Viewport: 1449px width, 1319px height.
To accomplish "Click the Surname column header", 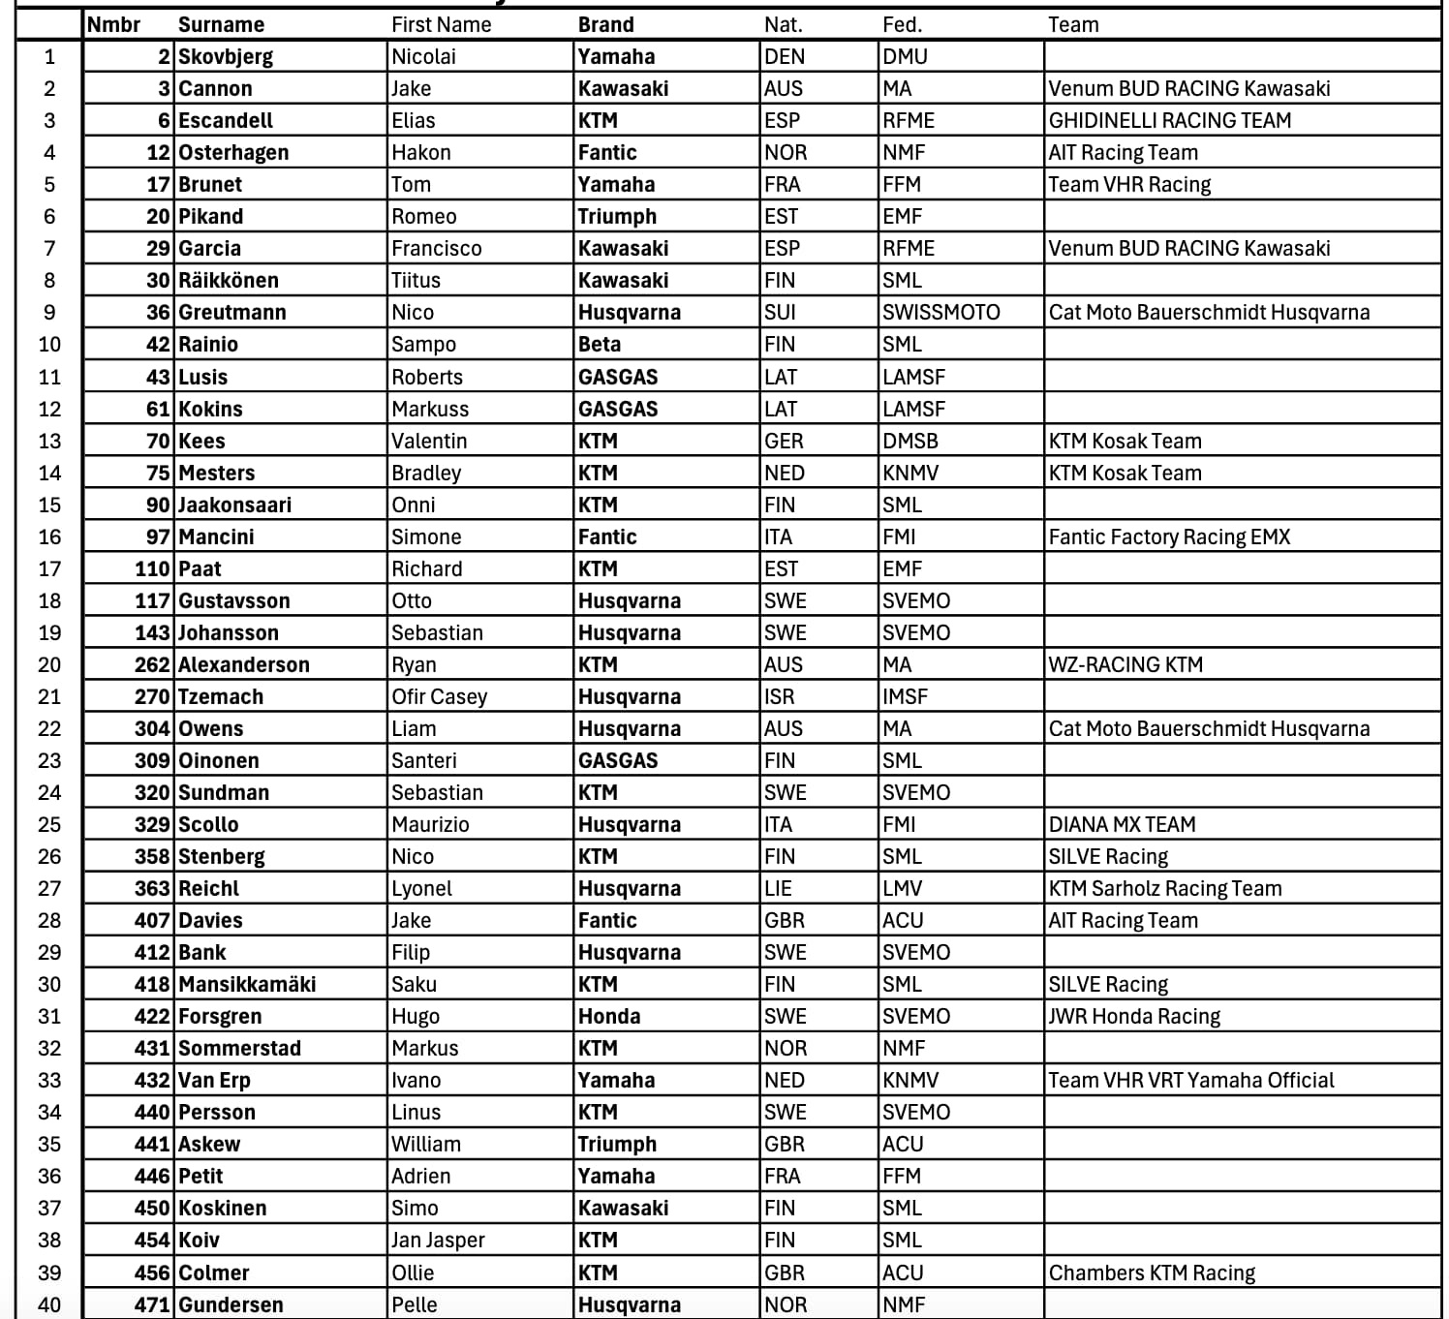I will [x=221, y=25].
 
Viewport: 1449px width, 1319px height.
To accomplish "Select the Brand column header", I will [x=605, y=25].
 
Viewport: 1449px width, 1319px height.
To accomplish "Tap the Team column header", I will [x=1073, y=25].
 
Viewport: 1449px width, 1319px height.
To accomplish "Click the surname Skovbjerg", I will [x=226, y=57].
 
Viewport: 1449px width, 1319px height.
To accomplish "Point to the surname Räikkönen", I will [x=229, y=281].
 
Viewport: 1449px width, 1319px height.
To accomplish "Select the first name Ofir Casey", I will [x=439, y=697].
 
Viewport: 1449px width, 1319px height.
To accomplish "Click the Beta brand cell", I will [x=600, y=345].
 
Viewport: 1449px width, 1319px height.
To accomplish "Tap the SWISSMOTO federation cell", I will [x=940, y=313].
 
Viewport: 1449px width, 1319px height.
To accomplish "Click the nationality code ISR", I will [x=779, y=697].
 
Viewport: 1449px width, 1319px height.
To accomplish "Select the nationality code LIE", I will [x=778, y=889].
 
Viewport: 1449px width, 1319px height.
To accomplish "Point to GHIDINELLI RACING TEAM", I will [x=1169, y=121].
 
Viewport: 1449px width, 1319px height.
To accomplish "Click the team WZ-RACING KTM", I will [x=1125, y=665].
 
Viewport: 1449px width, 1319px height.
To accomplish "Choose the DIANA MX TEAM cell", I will [x=1122, y=825].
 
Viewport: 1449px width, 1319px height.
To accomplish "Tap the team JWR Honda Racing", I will [x=1134, y=1017].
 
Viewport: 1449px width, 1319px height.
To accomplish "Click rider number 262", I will [x=152, y=665].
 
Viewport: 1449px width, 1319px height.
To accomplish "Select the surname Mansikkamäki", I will [x=247, y=985].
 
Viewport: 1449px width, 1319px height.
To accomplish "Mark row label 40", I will [x=48, y=1305].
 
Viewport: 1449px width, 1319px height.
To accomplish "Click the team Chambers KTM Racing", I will [x=1152, y=1273].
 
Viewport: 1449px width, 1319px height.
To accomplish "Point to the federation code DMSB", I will [x=909, y=442].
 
